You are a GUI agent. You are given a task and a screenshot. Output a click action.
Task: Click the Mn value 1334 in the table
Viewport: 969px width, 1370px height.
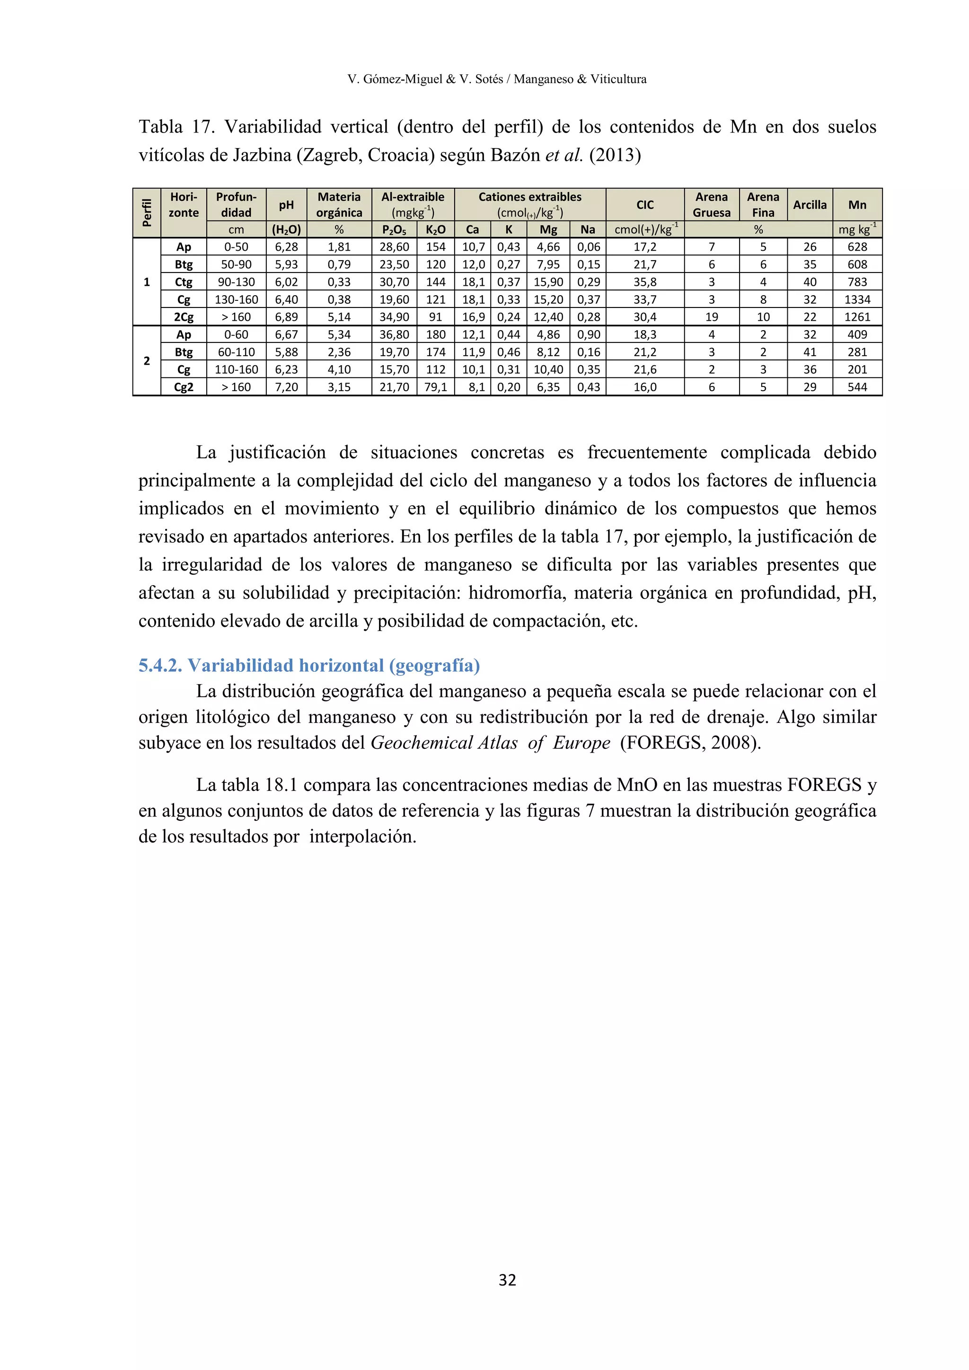857,299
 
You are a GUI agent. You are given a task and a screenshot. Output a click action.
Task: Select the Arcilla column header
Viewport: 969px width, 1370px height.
809,205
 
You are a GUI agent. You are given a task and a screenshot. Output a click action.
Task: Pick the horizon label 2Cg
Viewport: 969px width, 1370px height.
184,317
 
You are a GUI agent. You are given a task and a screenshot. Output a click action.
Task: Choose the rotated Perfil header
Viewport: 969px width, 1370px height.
147,213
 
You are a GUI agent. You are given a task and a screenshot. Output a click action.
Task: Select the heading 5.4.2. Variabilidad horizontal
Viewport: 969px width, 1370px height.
309,665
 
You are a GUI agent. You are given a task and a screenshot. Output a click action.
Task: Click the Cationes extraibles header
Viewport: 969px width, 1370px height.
530,197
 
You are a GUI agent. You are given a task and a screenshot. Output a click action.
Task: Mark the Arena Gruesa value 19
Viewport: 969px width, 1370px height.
711,317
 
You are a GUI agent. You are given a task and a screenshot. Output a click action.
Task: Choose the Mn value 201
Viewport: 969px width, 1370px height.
857,370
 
